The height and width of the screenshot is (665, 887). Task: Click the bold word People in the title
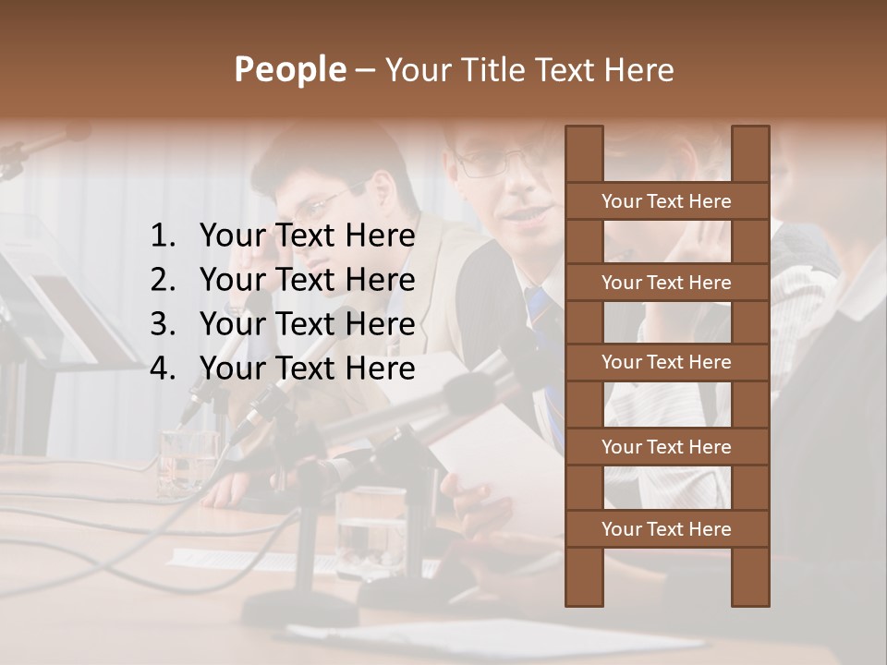(x=289, y=69)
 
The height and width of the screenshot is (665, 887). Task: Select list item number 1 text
(x=307, y=236)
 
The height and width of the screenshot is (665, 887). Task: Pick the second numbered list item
(x=307, y=280)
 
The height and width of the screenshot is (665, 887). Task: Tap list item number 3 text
(x=307, y=324)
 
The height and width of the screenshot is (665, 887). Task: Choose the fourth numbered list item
(x=307, y=369)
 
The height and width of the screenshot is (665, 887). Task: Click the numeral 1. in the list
(x=162, y=236)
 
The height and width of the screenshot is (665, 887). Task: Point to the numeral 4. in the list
(x=162, y=369)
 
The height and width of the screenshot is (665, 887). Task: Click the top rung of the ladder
(x=666, y=201)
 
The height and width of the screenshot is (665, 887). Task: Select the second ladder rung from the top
(x=666, y=283)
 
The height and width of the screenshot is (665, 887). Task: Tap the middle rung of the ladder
(x=666, y=362)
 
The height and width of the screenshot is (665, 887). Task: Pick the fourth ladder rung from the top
(x=666, y=447)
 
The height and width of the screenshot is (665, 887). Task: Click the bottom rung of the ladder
(x=666, y=529)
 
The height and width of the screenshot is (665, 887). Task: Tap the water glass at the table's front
(x=371, y=531)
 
